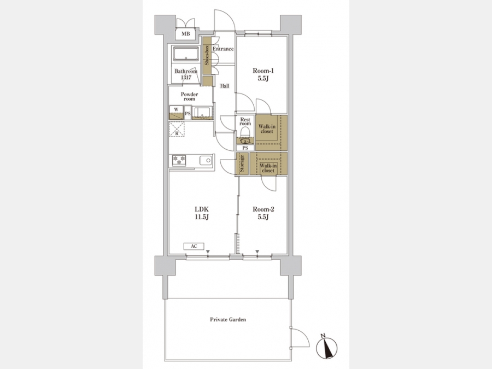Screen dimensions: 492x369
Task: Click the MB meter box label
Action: click(186, 34)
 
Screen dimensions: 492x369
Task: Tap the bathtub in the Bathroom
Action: click(186, 54)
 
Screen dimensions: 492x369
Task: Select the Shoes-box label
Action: click(207, 55)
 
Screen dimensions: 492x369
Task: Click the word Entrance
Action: click(223, 49)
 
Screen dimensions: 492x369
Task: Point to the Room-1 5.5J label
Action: click(263, 75)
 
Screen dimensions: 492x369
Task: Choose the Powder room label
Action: click(189, 96)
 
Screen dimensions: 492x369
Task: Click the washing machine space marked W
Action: click(176, 113)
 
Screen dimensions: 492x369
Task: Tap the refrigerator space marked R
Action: click(177, 129)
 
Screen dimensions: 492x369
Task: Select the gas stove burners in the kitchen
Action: click(179, 160)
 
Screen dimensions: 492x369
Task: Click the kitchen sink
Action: click(206, 161)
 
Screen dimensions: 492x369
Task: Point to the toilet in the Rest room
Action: click(245, 137)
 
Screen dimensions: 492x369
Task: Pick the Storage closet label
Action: click(242, 164)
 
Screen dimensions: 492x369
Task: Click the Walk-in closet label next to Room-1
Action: click(267, 129)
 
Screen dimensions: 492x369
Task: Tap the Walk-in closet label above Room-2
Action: click(268, 168)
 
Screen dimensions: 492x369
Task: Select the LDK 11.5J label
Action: click(202, 213)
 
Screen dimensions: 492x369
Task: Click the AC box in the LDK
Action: click(194, 247)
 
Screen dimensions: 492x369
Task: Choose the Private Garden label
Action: click(228, 319)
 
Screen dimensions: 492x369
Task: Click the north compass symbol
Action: click(327, 347)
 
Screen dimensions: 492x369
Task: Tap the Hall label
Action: click(225, 86)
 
